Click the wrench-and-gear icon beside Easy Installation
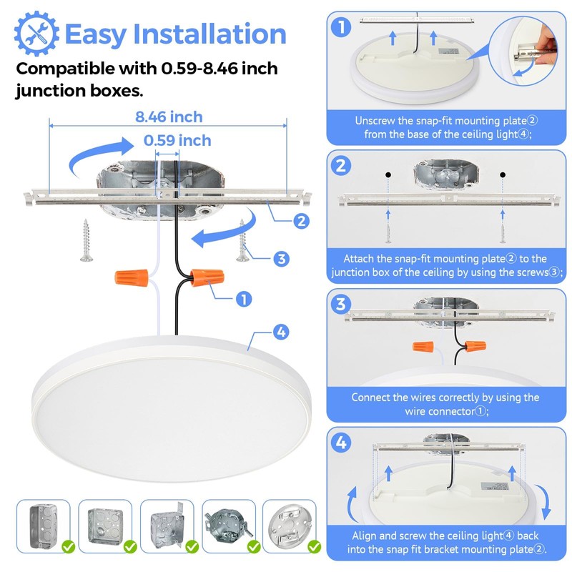[37, 33]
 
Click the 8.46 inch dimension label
[169, 117]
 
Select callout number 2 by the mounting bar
[302, 221]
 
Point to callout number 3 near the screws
[282, 259]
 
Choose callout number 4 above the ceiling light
[281, 332]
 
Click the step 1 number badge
[342, 28]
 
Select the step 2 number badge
[342, 166]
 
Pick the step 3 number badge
[342, 304]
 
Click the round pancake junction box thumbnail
[290, 526]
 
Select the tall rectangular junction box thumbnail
[42, 526]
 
